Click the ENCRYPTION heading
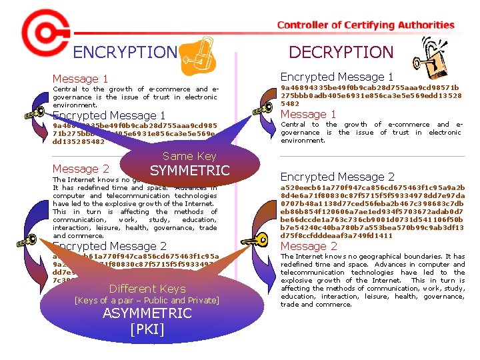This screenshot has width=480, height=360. pos(125,52)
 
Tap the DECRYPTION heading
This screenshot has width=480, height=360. pos(341,52)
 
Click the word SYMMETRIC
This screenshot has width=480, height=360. pos(189,171)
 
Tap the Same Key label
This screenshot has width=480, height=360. pos(189,156)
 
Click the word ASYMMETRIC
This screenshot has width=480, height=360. pos(147,314)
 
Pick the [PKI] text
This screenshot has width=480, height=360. pos(147,329)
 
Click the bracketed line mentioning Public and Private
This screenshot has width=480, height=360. pos(147,301)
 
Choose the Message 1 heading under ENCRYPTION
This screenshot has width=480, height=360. pos(80,79)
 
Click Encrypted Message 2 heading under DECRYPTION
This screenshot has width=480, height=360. pos(337,177)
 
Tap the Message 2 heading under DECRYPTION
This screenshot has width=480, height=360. pos(309,246)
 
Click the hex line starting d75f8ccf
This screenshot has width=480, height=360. pos(336,235)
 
